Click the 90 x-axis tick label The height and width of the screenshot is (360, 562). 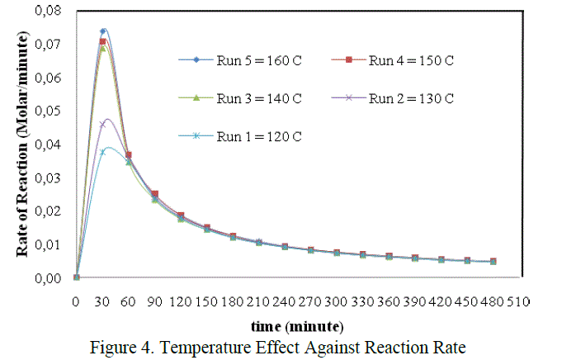(154, 301)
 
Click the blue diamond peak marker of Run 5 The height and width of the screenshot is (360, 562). (102, 31)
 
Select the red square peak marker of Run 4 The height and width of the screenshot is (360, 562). (102, 41)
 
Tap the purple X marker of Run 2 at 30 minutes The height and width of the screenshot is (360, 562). (102, 124)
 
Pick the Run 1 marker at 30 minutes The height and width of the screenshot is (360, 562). (102, 152)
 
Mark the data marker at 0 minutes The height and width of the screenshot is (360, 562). (76, 277)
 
